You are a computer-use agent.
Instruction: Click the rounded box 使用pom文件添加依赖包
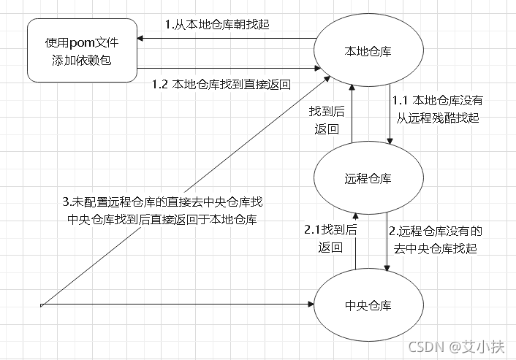point(83,51)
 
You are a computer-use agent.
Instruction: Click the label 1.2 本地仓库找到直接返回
point(221,84)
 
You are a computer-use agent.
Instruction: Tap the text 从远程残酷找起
point(437,117)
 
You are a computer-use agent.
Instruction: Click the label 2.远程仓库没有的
point(436,231)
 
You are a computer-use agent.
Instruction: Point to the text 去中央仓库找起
point(436,248)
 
